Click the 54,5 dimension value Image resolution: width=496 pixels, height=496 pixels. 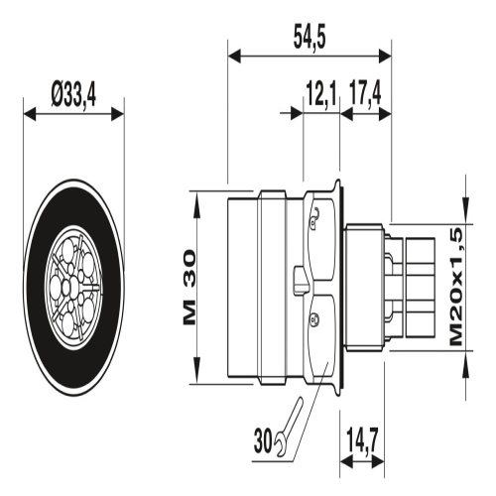click(x=310, y=39)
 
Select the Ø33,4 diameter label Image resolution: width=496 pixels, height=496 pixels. click(x=73, y=95)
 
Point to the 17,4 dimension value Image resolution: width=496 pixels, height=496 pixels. click(x=365, y=94)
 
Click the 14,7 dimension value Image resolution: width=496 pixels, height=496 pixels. click(x=362, y=440)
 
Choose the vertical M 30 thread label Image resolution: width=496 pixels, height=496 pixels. click(x=189, y=287)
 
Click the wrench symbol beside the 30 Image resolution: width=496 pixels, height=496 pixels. click(x=288, y=427)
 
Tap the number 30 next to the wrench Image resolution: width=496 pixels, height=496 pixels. click(x=263, y=440)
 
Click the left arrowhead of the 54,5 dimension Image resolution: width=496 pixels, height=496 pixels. click(x=234, y=57)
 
